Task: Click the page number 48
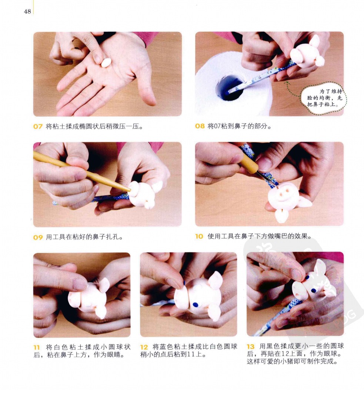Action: [27, 11]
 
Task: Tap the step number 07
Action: [38, 127]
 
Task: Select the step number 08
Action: [200, 126]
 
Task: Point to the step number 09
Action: [38, 237]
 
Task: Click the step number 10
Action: [199, 236]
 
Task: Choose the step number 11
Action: [37, 347]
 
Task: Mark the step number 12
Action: [144, 347]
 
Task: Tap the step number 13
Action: [250, 347]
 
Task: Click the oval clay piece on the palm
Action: [106, 63]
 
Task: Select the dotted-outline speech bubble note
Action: [324, 98]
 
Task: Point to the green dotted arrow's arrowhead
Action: [287, 83]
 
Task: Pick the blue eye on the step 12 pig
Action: [196, 304]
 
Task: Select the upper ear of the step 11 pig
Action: [104, 285]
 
